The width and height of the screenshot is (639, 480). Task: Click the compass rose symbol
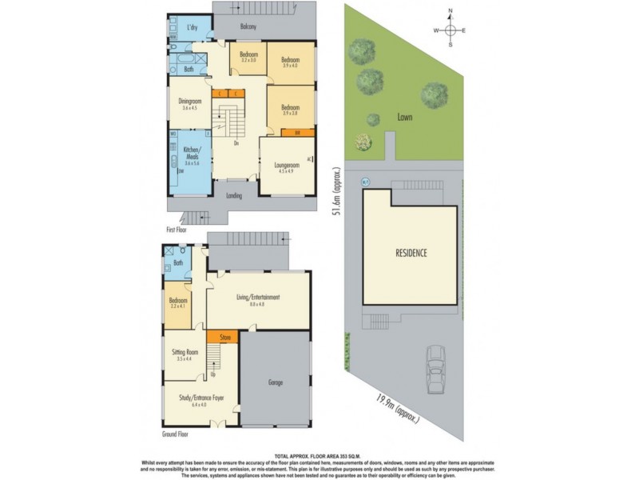click(450, 30)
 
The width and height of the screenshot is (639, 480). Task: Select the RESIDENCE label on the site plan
click(411, 253)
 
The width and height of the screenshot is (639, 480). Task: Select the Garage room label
click(276, 383)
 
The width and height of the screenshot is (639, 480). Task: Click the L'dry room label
click(192, 27)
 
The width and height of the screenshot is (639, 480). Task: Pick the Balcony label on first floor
click(248, 27)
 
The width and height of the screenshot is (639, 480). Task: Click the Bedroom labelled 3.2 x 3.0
click(248, 56)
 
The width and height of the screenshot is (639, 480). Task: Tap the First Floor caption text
click(177, 229)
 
